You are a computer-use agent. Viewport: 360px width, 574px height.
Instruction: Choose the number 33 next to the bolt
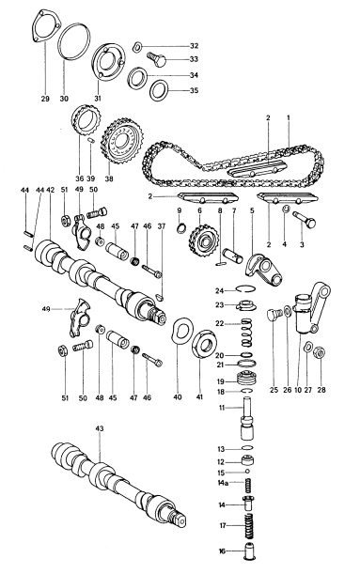tap(195, 60)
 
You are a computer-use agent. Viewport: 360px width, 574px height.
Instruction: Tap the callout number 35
tap(195, 91)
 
